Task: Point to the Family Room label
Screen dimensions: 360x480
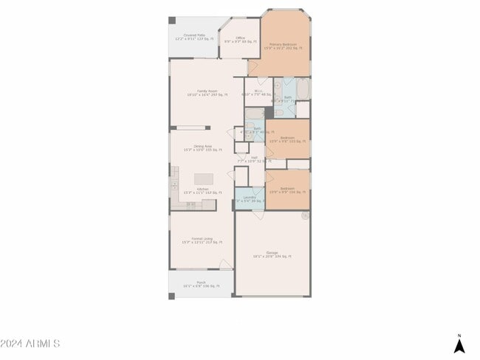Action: coord(207,92)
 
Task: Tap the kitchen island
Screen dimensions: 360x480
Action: coord(204,179)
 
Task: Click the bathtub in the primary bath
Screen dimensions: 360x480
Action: coord(303,89)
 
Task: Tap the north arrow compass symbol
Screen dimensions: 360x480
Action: coord(459,345)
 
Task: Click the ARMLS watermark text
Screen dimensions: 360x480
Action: coord(30,344)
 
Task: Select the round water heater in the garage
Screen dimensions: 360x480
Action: coord(305,215)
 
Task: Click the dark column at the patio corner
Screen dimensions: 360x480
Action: coord(172,21)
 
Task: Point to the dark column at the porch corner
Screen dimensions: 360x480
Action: coord(172,296)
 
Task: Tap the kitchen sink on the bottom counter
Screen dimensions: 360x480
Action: coord(191,205)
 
